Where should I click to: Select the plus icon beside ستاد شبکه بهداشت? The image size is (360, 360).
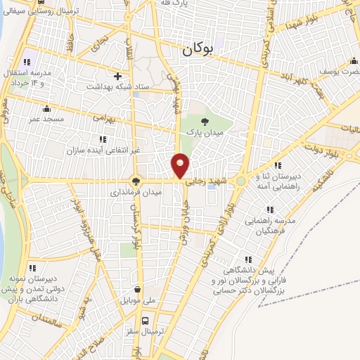117,76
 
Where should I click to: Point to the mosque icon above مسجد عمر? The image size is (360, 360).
46,108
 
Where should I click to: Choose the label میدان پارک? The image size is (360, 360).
204,131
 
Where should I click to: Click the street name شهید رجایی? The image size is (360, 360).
205,181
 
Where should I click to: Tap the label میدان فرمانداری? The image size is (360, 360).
136,191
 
